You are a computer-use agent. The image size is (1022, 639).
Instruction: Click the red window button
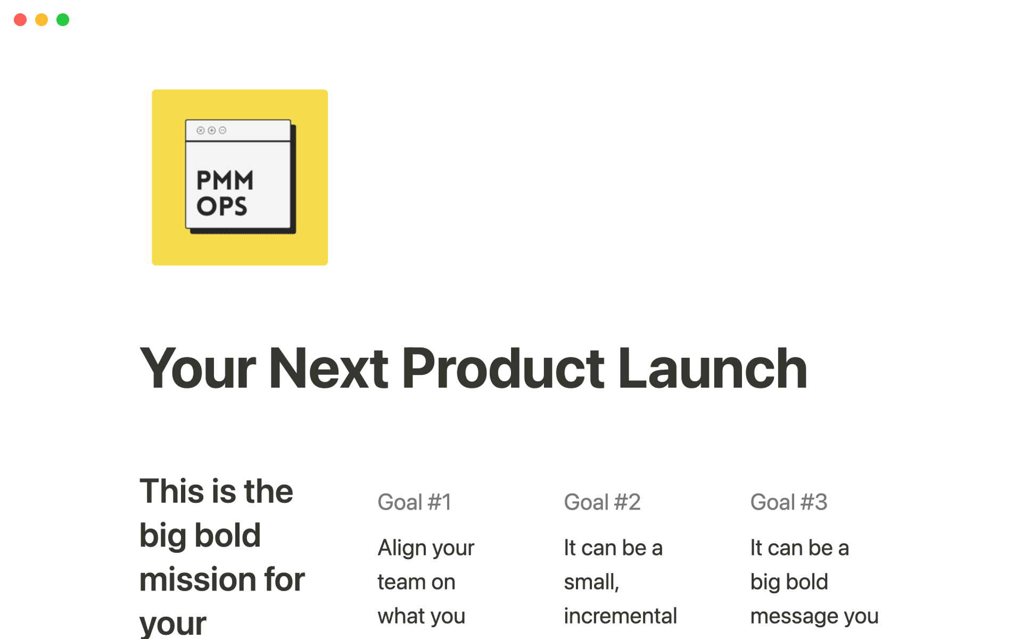[x=20, y=20]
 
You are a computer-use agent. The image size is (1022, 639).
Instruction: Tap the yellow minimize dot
[x=42, y=20]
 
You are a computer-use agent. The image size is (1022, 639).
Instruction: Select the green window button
[x=63, y=20]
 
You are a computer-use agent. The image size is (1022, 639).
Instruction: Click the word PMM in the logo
[x=225, y=181]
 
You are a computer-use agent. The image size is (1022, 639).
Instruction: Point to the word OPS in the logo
[x=221, y=207]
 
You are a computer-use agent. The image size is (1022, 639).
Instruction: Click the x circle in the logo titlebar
[x=201, y=130]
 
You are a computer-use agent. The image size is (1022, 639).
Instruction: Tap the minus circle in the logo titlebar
[x=222, y=130]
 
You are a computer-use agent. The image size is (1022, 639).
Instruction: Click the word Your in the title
[x=197, y=368]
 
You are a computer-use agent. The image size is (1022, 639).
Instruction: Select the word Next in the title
[x=328, y=368]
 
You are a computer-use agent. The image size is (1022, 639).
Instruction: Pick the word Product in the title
[x=502, y=368]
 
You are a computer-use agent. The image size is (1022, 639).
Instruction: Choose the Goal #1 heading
[x=414, y=502]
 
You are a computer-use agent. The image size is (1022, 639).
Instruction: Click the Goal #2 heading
[x=602, y=502]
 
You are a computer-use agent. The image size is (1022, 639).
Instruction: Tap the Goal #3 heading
[x=788, y=502]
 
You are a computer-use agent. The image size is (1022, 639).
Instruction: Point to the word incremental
[x=620, y=616]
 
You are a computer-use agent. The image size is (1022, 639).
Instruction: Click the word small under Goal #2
[x=590, y=582]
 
